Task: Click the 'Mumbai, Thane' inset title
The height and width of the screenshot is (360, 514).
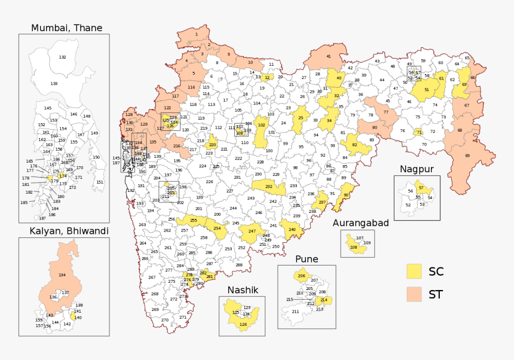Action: (x=66, y=28)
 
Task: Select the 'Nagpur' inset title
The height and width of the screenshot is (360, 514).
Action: (x=416, y=169)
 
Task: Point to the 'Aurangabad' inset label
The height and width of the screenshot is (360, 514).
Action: (x=361, y=223)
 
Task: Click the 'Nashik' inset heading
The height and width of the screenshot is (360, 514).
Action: (x=242, y=290)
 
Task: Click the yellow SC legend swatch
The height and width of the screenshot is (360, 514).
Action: (x=414, y=271)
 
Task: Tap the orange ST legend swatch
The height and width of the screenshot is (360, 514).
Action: (x=414, y=294)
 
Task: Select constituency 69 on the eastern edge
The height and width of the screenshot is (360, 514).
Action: (x=467, y=155)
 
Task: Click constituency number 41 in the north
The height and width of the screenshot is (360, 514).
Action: (x=328, y=56)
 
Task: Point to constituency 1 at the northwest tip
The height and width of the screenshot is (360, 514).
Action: (x=196, y=35)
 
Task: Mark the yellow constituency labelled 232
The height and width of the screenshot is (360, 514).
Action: (x=268, y=187)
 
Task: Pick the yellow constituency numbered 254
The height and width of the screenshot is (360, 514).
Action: (x=217, y=228)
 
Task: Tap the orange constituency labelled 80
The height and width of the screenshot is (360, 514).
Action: (x=375, y=127)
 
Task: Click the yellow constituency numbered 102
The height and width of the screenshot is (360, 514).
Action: (x=261, y=126)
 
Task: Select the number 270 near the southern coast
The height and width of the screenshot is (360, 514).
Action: (x=164, y=320)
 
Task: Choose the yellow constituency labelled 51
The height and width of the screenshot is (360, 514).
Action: (x=427, y=90)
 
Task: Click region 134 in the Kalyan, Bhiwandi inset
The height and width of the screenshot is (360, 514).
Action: (x=62, y=275)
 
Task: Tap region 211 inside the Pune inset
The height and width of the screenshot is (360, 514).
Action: (x=295, y=312)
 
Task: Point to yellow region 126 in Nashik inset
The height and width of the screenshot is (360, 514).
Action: (x=243, y=325)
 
